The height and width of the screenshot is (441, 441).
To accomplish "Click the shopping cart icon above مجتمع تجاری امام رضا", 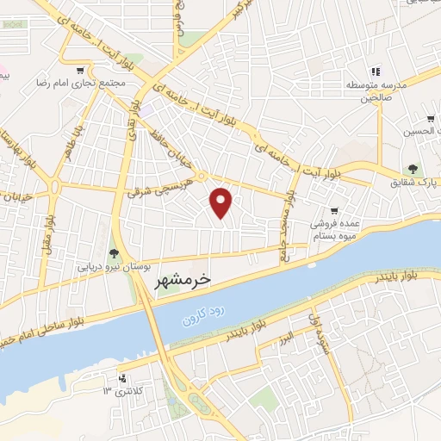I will (x=80, y=71).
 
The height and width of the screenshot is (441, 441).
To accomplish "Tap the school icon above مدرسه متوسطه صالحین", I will (x=375, y=71).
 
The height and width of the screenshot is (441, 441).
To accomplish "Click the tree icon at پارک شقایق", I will (x=413, y=170).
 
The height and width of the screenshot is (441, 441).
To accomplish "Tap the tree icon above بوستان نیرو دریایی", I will (x=114, y=252).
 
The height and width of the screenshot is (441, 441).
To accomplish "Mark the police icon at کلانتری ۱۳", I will (x=121, y=377).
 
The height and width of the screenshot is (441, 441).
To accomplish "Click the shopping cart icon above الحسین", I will (x=429, y=118).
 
